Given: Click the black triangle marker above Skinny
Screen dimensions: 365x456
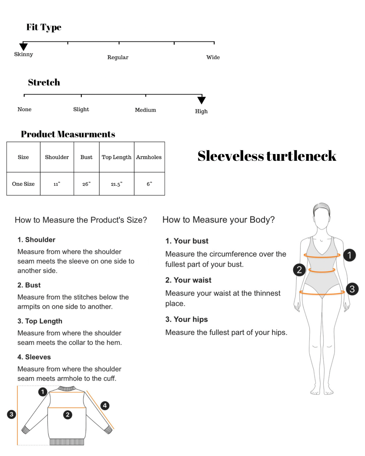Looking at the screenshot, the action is pyautogui.click(x=23, y=46).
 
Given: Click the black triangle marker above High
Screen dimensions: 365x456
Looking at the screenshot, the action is pyautogui.click(x=201, y=100).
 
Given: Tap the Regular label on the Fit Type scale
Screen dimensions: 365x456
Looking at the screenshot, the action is pyautogui.click(x=118, y=57).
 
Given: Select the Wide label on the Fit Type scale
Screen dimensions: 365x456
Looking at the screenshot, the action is pyautogui.click(x=213, y=57).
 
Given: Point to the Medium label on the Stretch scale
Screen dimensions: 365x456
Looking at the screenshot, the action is pyautogui.click(x=145, y=110).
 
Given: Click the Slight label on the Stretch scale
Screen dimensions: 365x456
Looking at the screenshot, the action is pyautogui.click(x=81, y=109).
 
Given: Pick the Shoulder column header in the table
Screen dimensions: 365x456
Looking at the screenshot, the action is pyautogui.click(x=57, y=157).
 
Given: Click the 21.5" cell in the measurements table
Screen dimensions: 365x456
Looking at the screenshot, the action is pyautogui.click(x=117, y=184).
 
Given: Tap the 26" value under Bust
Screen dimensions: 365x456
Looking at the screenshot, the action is pyautogui.click(x=86, y=184).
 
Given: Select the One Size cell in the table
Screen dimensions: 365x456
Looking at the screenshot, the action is pyautogui.click(x=23, y=184).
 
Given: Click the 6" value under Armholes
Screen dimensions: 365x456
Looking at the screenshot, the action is pyautogui.click(x=149, y=184).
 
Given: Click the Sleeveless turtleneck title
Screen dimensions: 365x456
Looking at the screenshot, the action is pyautogui.click(x=267, y=156).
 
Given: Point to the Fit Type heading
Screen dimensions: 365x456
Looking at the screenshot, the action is pyautogui.click(x=44, y=27).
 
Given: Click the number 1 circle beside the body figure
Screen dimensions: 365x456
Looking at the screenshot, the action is pyautogui.click(x=349, y=255).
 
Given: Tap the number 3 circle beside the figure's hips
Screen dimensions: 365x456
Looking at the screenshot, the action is pyautogui.click(x=352, y=289).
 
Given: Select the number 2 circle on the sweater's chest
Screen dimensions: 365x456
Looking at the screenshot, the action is pyautogui.click(x=68, y=414).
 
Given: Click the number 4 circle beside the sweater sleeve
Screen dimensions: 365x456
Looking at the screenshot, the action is pyautogui.click(x=105, y=406).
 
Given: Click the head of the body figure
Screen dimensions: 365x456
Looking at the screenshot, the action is pyautogui.click(x=321, y=216).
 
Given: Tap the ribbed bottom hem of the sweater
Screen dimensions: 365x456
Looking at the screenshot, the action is pyautogui.click(x=67, y=442).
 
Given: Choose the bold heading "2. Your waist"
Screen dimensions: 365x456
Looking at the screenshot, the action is pyautogui.click(x=188, y=280).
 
